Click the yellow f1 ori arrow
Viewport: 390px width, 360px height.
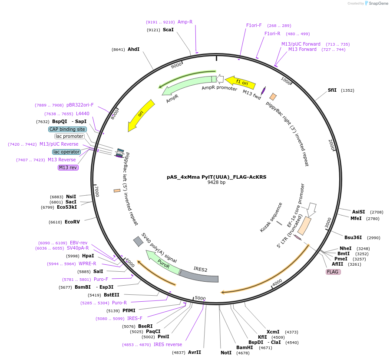[242, 82]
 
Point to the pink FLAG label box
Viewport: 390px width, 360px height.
[333, 272]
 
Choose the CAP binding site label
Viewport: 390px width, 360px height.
[67, 129]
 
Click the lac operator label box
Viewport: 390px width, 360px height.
[66, 152]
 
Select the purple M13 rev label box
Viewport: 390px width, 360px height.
[68, 167]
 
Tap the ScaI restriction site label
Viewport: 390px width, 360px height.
[168, 30]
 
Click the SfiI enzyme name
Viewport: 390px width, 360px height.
[332, 90]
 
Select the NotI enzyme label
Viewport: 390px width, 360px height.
[226, 353]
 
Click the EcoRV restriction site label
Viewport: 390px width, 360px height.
[72, 222]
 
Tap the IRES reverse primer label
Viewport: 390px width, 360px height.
[168, 344]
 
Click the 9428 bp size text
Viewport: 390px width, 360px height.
[216, 183]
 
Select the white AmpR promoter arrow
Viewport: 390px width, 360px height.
[220, 79]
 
